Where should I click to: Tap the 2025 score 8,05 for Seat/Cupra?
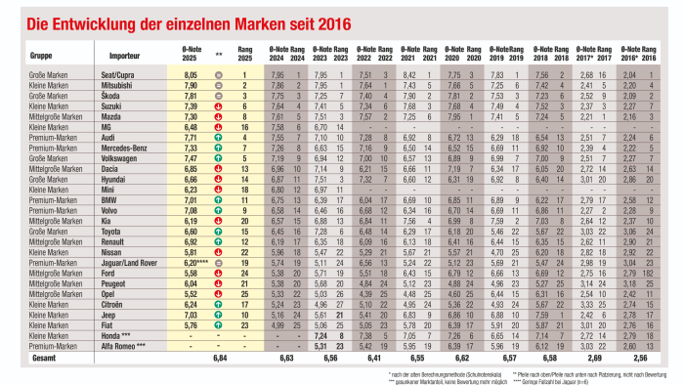click(x=192, y=74)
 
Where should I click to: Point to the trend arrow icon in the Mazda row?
click(x=219, y=115)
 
